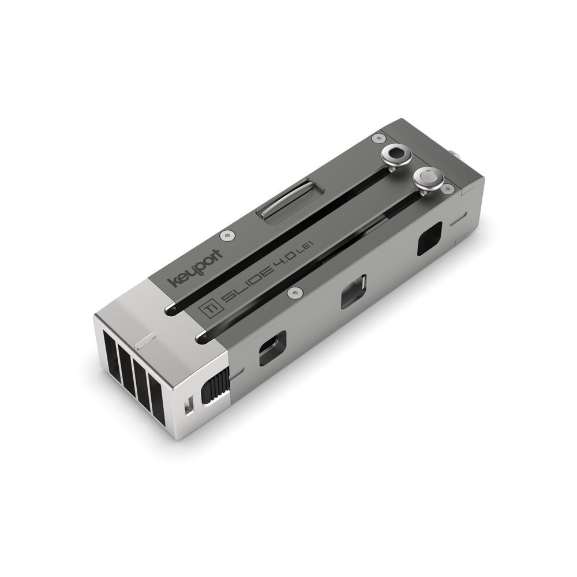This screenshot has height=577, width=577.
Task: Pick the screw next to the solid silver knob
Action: pyautogui.click(x=448, y=188)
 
